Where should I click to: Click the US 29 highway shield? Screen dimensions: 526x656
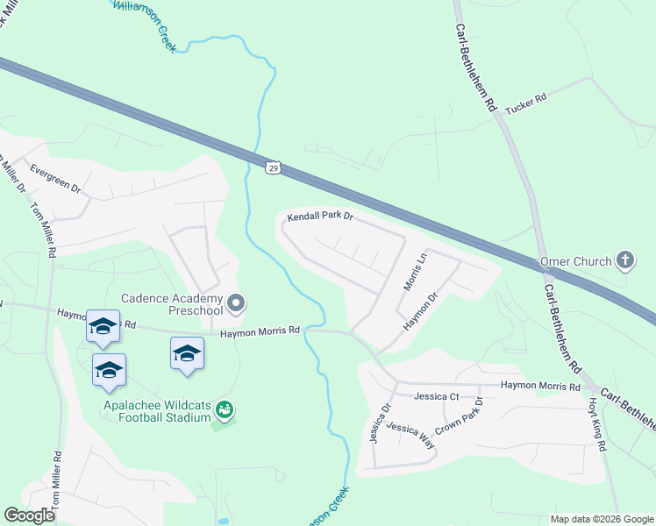[x=273, y=166]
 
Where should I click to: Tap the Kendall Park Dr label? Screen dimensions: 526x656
[x=320, y=216]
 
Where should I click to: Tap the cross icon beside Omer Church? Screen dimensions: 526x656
[x=624, y=259]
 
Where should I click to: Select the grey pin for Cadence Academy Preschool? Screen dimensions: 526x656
[x=236, y=304]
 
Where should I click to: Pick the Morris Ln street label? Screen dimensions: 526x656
[x=414, y=271]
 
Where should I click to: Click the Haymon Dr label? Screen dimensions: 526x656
[x=419, y=313]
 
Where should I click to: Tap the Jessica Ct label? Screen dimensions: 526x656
[x=437, y=396]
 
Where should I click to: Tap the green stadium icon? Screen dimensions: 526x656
[x=225, y=409]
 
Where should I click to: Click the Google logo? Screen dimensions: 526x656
[x=30, y=515]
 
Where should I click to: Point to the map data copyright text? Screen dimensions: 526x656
[x=602, y=519]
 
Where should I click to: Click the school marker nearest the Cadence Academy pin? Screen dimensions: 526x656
[x=187, y=353]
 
